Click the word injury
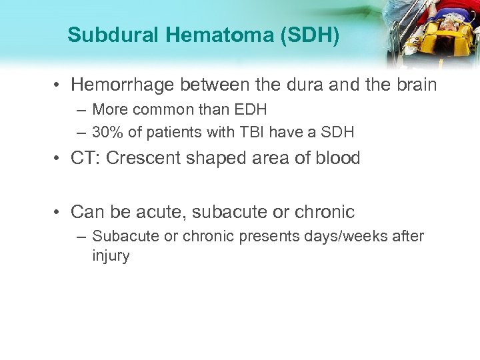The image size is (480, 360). coord(111,256)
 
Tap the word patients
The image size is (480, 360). coord(177,132)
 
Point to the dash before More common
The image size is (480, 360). coord(81,109)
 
